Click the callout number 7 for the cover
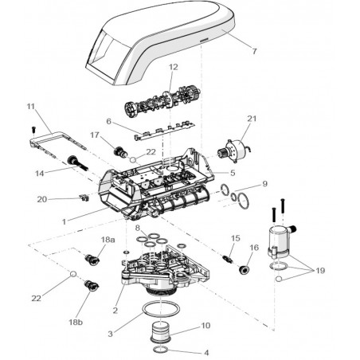pyautogui.click(x=254, y=51)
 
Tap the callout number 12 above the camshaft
pyautogui.click(x=173, y=67)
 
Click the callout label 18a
pyautogui.click(x=108, y=240)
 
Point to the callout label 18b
pyautogui.click(x=76, y=323)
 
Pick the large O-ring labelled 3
pyautogui.click(x=161, y=303)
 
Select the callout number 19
pyautogui.click(x=320, y=271)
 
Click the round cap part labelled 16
pyautogui.click(x=244, y=270)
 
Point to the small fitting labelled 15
pyautogui.click(x=228, y=259)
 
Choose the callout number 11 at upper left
pyautogui.click(x=31, y=107)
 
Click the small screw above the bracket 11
pyautogui.click(x=33, y=130)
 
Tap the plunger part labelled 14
pyautogui.click(x=78, y=163)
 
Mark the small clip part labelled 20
pyautogui.click(x=84, y=198)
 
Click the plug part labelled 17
pyautogui.click(x=119, y=152)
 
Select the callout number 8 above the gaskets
pyautogui.click(x=137, y=228)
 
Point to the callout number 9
pyautogui.click(x=264, y=184)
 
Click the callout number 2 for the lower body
pyautogui.click(x=115, y=310)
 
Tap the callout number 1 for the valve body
pyautogui.click(x=64, y=221)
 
